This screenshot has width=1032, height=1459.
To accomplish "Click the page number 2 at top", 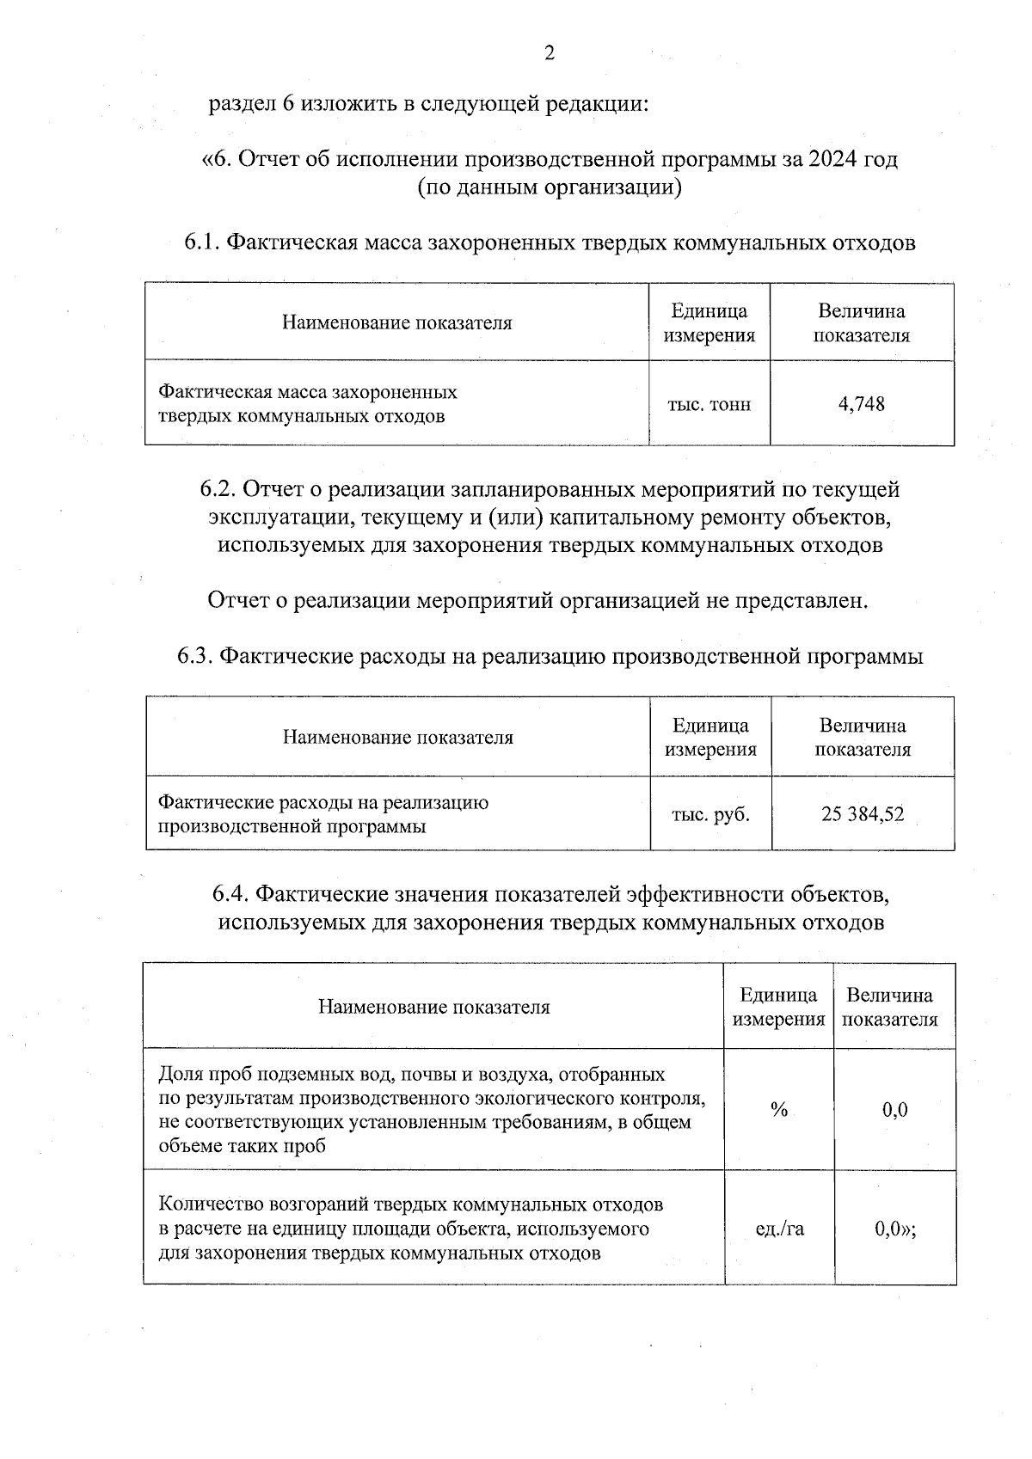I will tap(550, 53).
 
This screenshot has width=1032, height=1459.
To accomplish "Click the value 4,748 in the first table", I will tap(861, 404).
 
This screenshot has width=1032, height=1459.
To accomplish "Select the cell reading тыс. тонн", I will tap(709, 404).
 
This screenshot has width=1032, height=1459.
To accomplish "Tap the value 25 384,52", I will tap(863, 814).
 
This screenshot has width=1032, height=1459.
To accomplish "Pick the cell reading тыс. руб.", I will tap(710, 814).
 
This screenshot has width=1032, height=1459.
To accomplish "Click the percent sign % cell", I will tap(779, 1110).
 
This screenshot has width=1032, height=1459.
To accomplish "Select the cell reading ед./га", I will tap(779, 1229).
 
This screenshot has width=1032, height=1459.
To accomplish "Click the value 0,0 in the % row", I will tap(894, 1110).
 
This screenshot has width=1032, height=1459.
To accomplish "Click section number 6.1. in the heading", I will tap(204, 243).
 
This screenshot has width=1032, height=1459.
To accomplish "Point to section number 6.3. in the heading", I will tap(197, 657).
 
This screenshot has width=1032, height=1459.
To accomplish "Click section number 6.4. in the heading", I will tap(231, 895).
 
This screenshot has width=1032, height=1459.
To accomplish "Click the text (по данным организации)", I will tap(550, 187).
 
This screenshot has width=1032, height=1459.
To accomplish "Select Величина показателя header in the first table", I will tap(861, 323).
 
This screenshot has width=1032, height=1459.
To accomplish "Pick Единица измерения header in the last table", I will tap(777, 1007).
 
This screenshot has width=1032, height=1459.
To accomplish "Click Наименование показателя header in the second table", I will tap(398, 738).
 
